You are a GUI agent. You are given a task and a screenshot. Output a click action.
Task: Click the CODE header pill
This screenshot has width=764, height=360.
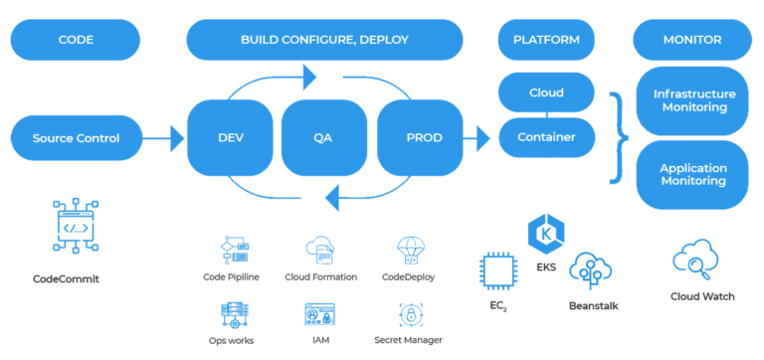[76, 40]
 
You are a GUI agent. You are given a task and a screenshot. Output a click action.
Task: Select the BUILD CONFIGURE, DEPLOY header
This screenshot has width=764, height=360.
[324, 40]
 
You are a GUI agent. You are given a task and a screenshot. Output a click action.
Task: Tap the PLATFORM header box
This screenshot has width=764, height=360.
[545, 40]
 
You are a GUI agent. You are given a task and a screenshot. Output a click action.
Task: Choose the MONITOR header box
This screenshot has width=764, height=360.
[691, 40]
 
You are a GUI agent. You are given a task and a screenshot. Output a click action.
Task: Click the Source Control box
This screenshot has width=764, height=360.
[76, 138]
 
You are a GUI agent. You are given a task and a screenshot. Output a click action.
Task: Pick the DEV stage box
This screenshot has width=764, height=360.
[230, 138]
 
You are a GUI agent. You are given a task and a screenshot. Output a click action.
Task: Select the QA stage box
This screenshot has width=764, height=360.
[323, 138]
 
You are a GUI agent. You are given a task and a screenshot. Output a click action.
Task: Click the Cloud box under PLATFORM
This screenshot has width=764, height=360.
[545, 93]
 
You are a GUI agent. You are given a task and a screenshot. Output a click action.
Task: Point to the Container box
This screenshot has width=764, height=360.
[545, 137]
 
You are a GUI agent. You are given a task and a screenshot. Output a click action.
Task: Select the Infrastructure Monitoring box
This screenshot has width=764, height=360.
[692, 100]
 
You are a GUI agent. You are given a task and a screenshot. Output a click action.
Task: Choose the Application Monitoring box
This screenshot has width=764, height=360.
[692, 175]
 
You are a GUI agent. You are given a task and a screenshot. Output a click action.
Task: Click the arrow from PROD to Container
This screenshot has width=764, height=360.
[481, 138]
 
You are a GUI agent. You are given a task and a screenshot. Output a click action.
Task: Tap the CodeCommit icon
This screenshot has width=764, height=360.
[75, 229]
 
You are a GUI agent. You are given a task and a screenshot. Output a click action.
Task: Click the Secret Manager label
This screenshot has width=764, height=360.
[410, 339]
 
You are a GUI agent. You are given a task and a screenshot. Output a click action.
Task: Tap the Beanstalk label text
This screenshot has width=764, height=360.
[594, 305]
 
